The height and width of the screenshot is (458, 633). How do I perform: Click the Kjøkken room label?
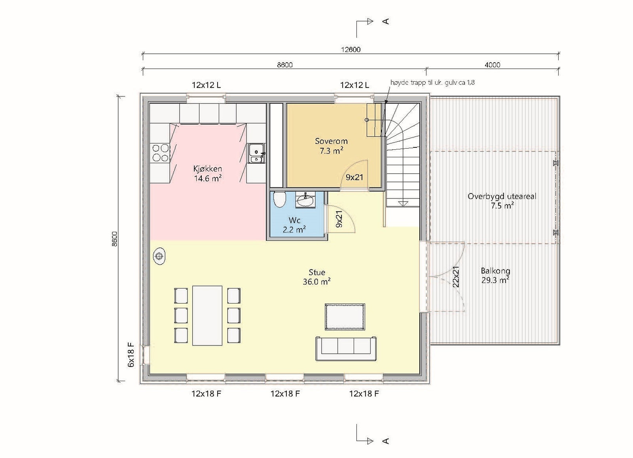tap(207, 174)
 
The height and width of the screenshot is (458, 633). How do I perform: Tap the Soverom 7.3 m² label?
tap(331, 145)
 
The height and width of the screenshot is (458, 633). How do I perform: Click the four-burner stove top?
tap(160, 153)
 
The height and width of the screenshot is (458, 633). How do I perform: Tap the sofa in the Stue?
tap(346, 348)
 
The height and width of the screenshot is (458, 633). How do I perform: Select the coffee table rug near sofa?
tap(345, 317)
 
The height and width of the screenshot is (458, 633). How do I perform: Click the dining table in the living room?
tap(207, 315)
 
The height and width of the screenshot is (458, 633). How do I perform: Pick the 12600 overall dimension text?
tap(351, 50)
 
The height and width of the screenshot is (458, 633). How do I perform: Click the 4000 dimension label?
tap(492, 65)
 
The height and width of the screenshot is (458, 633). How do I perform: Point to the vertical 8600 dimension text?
tap(115, 239)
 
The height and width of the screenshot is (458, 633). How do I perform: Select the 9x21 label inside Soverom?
tap(354, 177)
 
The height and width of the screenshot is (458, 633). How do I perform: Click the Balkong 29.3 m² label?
tap(495, 275)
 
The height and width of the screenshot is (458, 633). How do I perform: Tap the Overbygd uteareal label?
tap(502, 200)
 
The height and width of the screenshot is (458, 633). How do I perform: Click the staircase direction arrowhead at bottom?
tap(403, 203)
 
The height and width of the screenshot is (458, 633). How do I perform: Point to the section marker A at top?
tap(386, 21)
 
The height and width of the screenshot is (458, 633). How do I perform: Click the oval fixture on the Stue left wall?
tap(159, 257)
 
